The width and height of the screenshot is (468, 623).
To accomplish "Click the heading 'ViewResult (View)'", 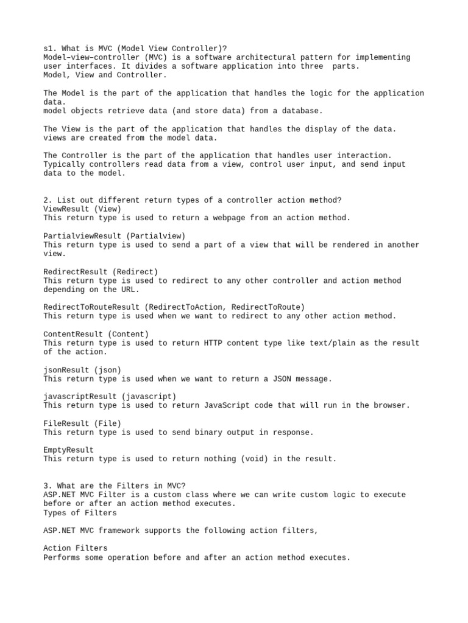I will (x=82, y=209).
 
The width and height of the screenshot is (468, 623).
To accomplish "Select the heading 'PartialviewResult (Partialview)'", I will (x=115, y=235).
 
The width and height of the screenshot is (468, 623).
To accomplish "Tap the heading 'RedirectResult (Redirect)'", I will (x=101, y=271).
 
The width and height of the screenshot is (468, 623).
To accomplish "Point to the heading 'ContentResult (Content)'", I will (x=96, y=334).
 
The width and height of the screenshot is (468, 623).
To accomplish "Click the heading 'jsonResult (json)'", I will (x=82, y=369).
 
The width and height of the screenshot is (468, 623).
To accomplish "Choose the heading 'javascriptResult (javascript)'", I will (x=110, y=396).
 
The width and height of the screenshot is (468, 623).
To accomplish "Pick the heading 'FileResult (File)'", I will (x=82, y=423).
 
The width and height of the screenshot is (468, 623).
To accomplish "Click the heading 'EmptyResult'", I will (x=69, y=450).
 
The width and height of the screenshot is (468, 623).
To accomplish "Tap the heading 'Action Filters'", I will (x=76, y=548).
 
